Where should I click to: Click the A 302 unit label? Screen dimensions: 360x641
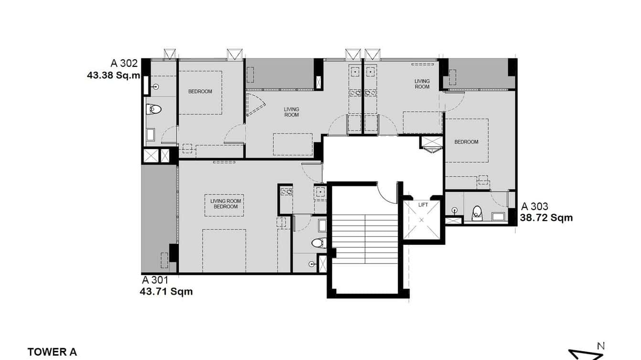[124, 63]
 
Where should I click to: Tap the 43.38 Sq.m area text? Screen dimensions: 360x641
[114, 75]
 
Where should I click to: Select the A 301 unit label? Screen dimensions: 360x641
[155, 280]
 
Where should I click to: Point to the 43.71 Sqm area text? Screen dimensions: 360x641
[166, 291]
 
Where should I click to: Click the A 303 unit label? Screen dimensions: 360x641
[534, 207]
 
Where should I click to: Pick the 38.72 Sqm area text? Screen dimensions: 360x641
[546, 218]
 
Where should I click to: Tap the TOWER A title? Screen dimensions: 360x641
[52, 352]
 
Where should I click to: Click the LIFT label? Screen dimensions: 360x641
[423, 204]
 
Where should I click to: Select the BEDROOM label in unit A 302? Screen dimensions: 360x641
[200, 91]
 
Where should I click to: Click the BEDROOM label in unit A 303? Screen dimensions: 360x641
[466, 142]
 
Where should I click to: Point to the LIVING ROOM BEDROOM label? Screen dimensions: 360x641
[225, 204]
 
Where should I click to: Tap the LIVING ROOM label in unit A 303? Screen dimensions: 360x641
[422, 84]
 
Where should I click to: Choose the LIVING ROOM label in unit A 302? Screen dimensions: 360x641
[291, 112]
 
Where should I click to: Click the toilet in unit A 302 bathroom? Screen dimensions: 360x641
[154, 109]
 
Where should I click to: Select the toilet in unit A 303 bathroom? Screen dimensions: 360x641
[477, 213]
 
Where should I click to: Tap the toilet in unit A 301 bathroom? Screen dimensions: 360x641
[319, 243]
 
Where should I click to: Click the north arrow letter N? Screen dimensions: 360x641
[601, 346]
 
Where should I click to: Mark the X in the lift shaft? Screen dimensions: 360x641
[422, 221]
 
